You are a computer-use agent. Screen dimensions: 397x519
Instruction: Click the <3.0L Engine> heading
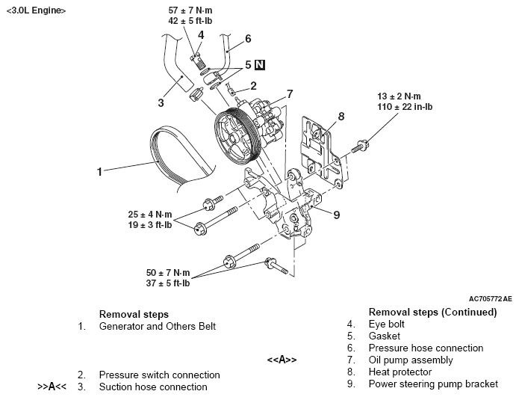click(x=35, y=11)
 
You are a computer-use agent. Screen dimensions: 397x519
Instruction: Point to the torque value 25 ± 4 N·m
click(x=159, y=213)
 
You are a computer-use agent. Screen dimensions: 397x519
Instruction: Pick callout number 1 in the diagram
click(x=99, y=171)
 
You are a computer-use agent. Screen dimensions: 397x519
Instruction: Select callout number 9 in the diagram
click(x=336, y=215)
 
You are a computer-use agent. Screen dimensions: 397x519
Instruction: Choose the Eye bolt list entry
click(x=387, y=324)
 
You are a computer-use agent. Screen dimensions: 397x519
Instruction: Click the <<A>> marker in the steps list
click(x=282, y=360)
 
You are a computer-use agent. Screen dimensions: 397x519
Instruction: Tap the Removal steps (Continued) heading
click(x=432, y=312)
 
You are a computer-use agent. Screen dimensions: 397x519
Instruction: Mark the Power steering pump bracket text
click(x=433, y=384)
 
